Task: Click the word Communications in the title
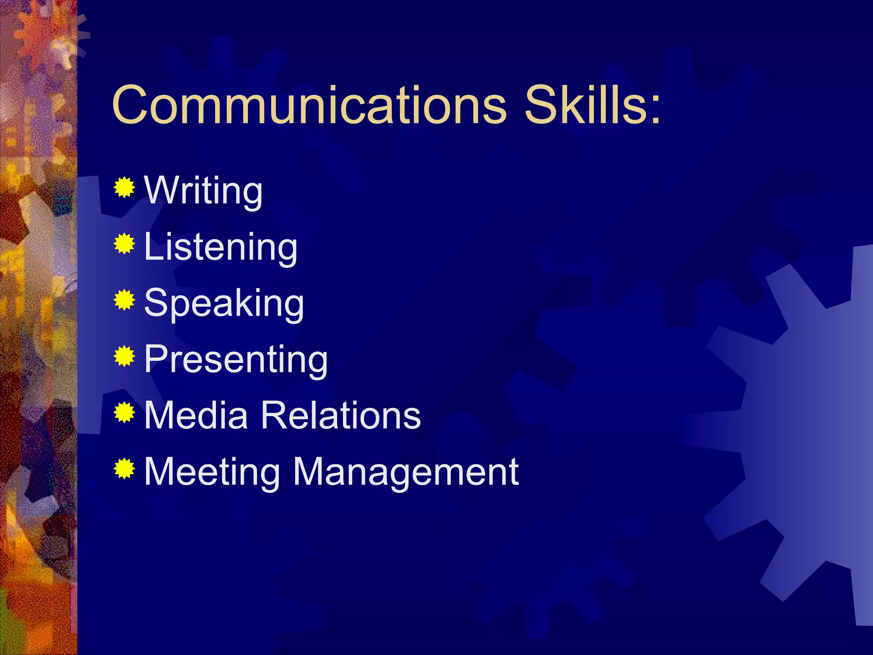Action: tap(309, 105)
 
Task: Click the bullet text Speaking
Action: tap(224, 304)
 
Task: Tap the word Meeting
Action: tap(212, 472)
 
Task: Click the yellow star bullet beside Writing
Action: tap(124, 187)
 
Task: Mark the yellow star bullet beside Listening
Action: tap(124, 243)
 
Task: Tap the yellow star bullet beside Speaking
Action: tap(124, 300)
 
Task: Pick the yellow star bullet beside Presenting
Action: tap(124, 356)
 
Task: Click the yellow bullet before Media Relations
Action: tap(124, 412)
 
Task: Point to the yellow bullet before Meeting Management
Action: tap(124, 469)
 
